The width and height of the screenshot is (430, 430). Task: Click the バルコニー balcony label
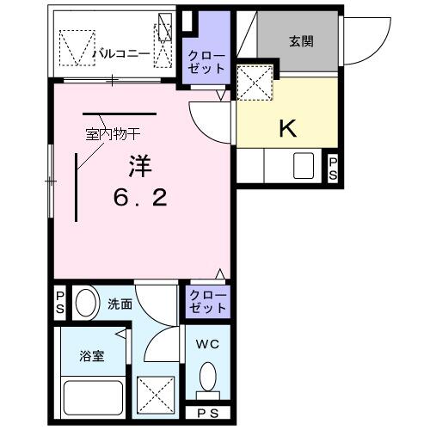122,54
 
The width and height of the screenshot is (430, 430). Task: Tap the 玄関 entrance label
300,40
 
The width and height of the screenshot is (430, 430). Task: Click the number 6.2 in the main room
140,197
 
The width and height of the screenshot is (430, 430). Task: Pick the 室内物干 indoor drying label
112,133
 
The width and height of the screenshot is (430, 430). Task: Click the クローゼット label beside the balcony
207,62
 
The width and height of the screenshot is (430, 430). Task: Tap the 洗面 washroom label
119,304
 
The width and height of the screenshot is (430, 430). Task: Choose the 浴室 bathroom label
92,355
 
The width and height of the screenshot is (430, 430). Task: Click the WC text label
206,345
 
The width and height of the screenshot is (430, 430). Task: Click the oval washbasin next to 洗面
86,303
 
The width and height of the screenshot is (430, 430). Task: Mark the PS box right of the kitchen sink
334,169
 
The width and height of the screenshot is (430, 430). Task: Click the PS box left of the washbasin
60,303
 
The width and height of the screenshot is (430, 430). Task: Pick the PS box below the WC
207,413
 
